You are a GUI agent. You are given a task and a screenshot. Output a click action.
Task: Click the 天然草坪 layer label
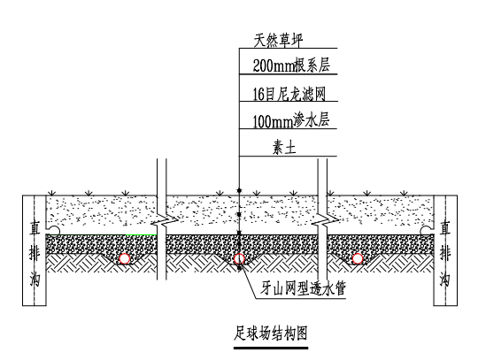tap(278, 41)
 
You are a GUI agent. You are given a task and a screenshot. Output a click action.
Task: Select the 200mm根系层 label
tap(291, 65)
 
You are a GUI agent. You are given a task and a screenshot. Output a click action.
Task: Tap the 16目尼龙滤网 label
tap(289, 94)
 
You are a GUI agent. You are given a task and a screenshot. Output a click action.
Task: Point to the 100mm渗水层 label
tap(290, 120)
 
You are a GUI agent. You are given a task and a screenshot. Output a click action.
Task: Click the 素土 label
tap(284, 147)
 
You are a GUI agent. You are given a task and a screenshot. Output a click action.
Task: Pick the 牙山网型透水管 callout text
tap(303, 288)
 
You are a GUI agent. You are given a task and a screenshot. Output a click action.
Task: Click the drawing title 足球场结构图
tap(271, 333)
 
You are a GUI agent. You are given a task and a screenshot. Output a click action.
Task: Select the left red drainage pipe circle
tap(125, 258)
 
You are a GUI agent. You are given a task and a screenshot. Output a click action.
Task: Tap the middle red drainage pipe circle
tap(239, 258)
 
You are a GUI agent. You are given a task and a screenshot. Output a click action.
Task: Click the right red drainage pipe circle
tap(358, 258)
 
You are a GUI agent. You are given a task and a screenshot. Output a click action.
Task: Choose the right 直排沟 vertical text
tap(445, 254)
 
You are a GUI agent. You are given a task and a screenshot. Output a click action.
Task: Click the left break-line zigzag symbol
tap(165, 220)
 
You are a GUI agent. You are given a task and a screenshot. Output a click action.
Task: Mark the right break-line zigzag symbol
tap(325, 220)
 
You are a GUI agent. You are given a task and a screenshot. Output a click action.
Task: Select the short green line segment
tap(141, 234)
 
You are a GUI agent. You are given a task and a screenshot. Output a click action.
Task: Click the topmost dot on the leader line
tap(239, 190)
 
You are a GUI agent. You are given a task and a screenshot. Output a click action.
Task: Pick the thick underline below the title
tap(271, 348)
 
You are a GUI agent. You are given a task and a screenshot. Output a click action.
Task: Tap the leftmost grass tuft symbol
tap(52, 194)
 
